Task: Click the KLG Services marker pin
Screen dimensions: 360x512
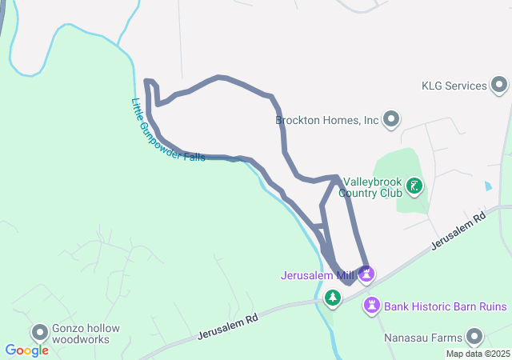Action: tap(500, 85)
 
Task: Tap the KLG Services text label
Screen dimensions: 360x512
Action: tap(454, 86)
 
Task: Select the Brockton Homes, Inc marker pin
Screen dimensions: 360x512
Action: tap(391, 121)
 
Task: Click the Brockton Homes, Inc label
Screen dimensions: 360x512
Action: tap(326, 121)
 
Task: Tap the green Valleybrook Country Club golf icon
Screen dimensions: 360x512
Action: tap(414, 186)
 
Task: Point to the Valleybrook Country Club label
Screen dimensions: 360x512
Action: tap(369, 187)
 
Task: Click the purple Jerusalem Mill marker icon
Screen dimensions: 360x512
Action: tap(366, 275)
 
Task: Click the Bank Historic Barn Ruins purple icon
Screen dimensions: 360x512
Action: tap(372, 305)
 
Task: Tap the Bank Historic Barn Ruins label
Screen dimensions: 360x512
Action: tap(446, 306)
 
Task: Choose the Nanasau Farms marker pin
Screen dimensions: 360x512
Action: tap(476, 337)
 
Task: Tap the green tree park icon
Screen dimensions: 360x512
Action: tap(332, 298)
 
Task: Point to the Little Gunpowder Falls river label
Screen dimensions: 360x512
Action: tap(168, 131)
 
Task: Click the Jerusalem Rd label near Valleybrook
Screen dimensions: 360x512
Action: tap(458, 231)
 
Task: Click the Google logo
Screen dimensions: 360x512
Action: tap(26, 350)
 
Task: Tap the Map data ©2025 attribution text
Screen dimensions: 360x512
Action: tap(478, 354)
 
